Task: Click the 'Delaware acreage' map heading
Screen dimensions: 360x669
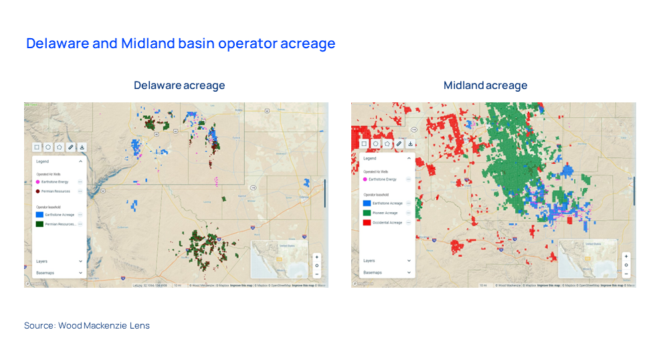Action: click(x=179, y=86)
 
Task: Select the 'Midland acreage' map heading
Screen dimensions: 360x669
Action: click(x=485, y=86)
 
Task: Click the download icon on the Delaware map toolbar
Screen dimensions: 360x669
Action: click(x=82, y=147)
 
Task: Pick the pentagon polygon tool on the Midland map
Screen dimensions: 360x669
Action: click(x=387, y=144)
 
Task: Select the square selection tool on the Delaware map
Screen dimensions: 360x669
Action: click(x=37, y=147)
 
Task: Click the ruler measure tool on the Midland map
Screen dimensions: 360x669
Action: click(x=399, y=144)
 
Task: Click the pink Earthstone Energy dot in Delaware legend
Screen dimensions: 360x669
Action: click(x=37, y=181)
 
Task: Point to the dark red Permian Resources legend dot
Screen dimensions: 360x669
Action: click(x=37, y=191)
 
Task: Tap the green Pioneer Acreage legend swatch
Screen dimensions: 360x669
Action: click(x=367, y=213)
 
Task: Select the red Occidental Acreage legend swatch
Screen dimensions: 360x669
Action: click(x=367, y=222)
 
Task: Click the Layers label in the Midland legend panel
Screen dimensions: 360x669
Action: click(x=369, y=260)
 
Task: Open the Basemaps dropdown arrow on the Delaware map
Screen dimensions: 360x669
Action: click(x=80, y=273)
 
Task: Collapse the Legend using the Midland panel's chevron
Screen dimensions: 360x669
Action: click(x=409, y=159)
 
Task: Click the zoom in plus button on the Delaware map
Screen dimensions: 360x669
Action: click(x=316, y=257)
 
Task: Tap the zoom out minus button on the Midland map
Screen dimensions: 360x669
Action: click(x=626, y=274)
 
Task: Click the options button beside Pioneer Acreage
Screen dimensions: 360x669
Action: click(x=408, y=213)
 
